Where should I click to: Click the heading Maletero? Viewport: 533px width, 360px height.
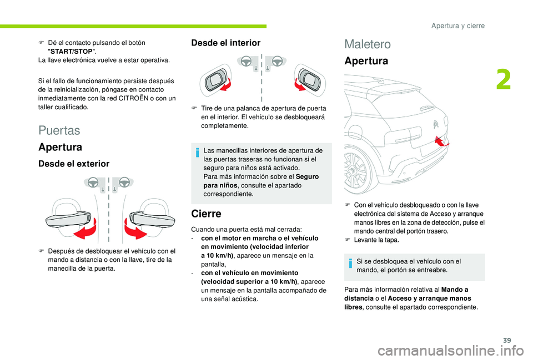tap(368, 44)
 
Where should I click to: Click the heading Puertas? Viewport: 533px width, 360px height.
tap(59, 130)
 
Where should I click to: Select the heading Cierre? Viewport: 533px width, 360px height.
tap(206, 214)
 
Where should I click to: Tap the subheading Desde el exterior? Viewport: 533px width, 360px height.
tap(74, 164)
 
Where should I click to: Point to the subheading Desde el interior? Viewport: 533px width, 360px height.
tap(226, 43)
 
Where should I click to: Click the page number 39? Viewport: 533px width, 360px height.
tap(507, 340)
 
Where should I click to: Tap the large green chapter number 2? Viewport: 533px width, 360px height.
tap(504, 80)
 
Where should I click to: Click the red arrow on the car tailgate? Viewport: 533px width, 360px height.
tap(441, 140)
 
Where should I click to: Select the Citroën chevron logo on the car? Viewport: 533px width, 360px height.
tap(436, 124)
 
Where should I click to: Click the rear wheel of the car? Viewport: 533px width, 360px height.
tap(356, 171)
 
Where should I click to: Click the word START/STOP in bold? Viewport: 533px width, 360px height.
tap(72, 52)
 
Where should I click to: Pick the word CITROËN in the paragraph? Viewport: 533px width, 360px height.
tap(133, 99)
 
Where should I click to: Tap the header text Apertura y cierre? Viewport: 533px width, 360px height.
tap(458, 26)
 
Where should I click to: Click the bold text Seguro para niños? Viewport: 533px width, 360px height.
tap(261, 181)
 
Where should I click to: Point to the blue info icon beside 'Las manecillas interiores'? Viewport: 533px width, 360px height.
tap(198, 153)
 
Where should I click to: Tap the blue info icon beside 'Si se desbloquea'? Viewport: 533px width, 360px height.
tap(350, 263)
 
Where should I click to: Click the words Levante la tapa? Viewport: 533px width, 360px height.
tap(376, 240)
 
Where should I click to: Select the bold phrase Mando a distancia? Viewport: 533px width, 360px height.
tap(406, 294)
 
